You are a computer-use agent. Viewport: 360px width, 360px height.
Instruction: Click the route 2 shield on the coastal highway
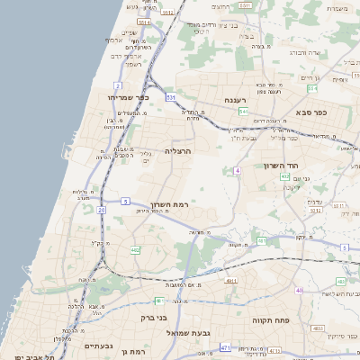[117, 85]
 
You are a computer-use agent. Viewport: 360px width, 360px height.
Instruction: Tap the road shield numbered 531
[169, 96]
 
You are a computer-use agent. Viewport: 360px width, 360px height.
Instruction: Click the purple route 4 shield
[237, 170]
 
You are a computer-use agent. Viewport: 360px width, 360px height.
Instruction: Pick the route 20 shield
[101, 209]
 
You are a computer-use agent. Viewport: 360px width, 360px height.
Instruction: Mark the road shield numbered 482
[135, 250]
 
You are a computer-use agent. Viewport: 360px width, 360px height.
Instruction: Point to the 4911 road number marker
[230, 280]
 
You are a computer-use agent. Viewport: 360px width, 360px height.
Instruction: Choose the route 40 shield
[299, 290]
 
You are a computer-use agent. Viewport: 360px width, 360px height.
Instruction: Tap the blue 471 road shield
[225, 346]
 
